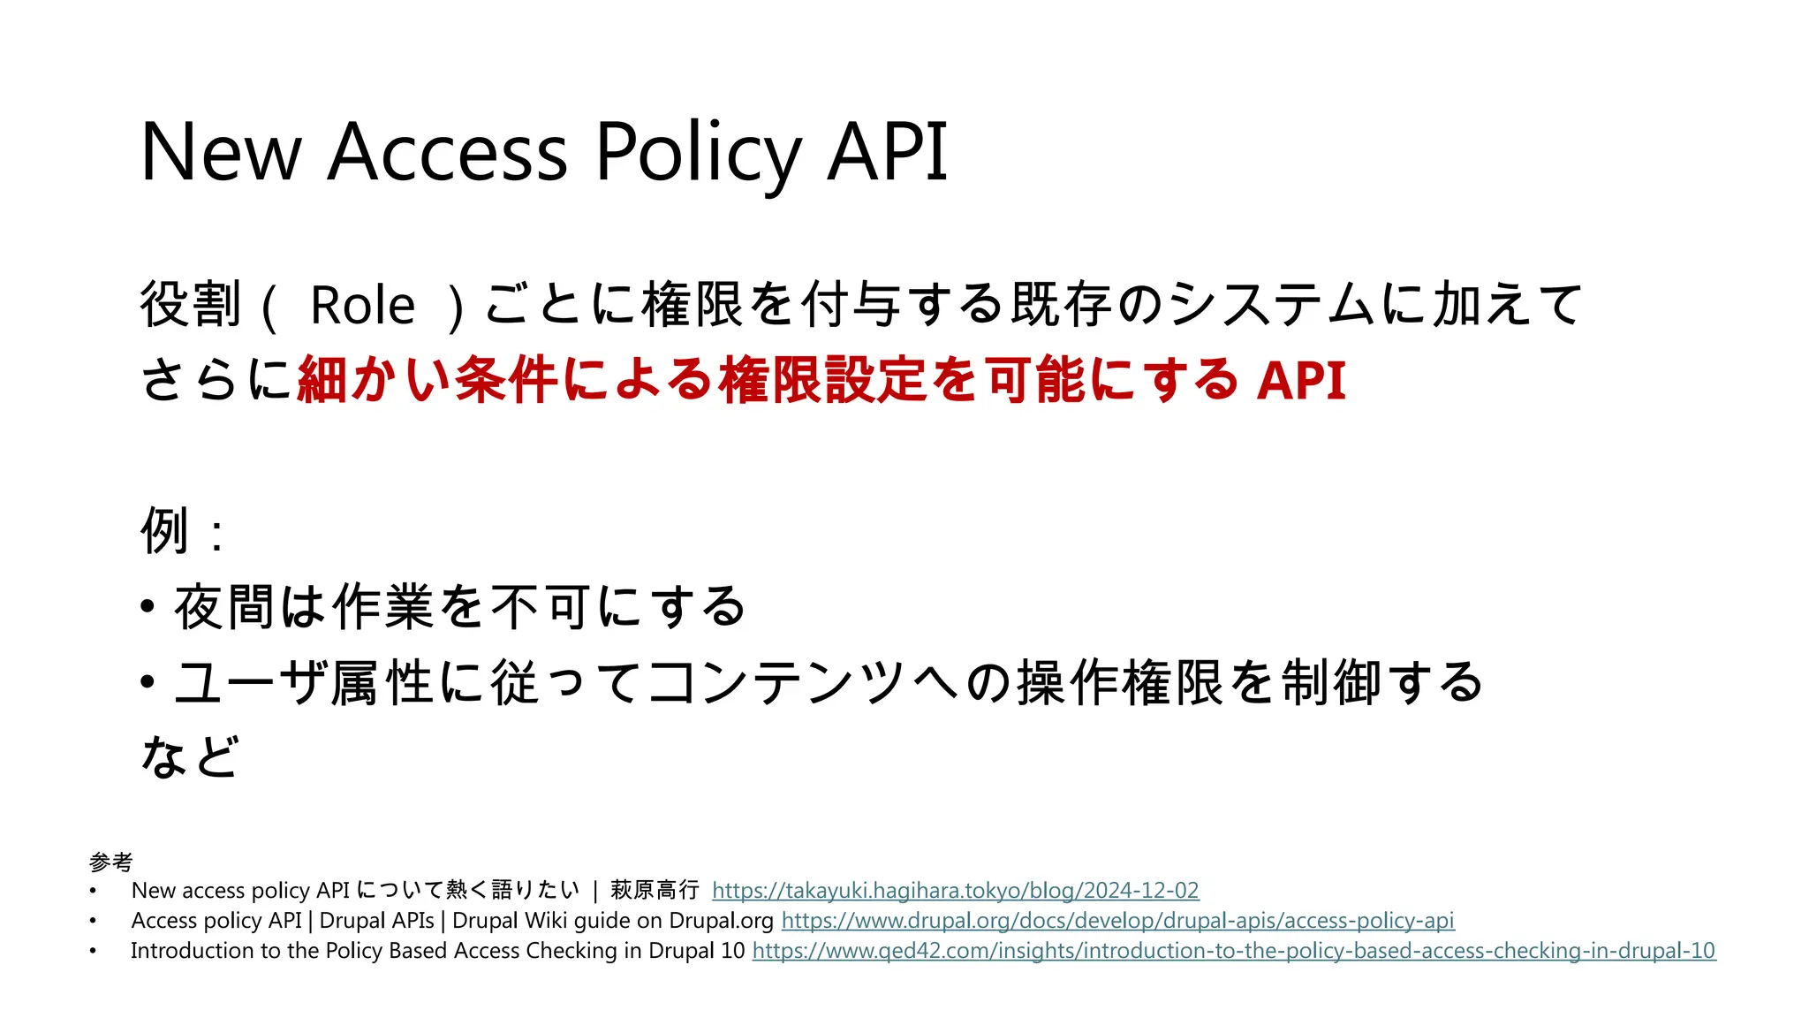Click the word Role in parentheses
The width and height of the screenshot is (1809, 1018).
(x=362, y=306)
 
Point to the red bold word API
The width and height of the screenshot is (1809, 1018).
(x=1301, y=381)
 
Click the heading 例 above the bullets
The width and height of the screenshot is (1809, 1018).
(x=165, y=531)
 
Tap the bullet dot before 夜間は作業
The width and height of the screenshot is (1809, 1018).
(x=148, y=607)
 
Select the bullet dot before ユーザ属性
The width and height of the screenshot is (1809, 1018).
(x=148, y=682)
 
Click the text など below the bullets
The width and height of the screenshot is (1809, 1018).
(x=190, y=757)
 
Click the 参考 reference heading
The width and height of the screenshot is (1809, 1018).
(x=111, y=862)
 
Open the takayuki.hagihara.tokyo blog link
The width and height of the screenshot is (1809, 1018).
(x=955, y=890)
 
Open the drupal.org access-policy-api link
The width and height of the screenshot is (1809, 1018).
(x=1117, y=920)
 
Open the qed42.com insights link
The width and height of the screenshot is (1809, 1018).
(x=1233, y=950)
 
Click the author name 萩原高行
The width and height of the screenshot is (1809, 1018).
(x=655, y=890)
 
